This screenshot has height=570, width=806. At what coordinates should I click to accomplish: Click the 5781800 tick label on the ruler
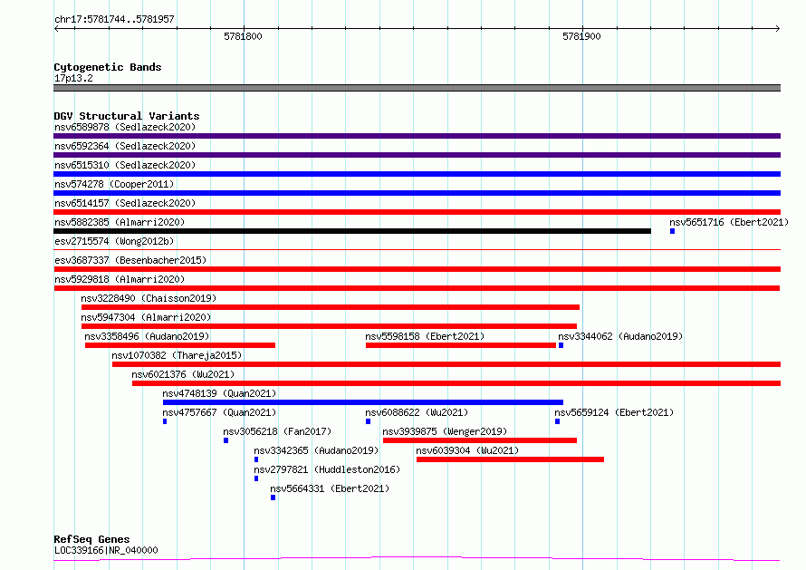pyautogui.click(x=243, y=36)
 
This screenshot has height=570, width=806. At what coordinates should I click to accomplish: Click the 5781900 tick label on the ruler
pyautogui.click(x=581, y=36)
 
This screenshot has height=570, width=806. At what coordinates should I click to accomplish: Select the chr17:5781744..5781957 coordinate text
pyautogui.click(x=114, y=19)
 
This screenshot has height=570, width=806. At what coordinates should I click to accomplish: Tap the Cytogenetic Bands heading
pyautogui.click(x=108, y=67)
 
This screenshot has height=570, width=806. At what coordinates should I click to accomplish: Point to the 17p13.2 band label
pyautogui.click(x=73, y=78)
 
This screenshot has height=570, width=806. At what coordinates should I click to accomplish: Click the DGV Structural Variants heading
pyautogui.click(x=127, y=116)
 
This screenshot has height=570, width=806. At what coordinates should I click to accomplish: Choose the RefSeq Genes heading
pyautogui.click(x=91, y=539)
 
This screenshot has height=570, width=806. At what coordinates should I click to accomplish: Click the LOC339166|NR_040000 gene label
pyautogui.click(x=106, y=550)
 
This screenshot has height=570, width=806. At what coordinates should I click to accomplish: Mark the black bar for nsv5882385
pyautogui.click(x=352, y=231)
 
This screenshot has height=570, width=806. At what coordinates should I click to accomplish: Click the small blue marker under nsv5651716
pyautogui.click(x=672, y=231)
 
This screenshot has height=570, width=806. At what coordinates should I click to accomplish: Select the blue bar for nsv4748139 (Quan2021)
pyautogui.click(x=363, y=402)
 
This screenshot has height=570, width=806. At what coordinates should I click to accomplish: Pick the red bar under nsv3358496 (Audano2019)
pyautogui.click(x=180, y=345)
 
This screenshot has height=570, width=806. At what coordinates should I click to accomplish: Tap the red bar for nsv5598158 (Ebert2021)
pyautogui.click(x=461, y=345)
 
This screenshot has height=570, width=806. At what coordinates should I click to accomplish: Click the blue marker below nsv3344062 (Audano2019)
pyautogui.click(x=561, y=345)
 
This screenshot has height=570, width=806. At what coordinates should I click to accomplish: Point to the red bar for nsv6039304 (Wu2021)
pyautogui.click(x=510, y=459)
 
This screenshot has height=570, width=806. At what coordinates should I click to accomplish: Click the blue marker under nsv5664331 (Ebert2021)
pyautogui.click(x=273, y=498)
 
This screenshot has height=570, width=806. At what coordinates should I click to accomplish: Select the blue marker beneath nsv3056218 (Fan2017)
pyautogui.click(x=225, y=440)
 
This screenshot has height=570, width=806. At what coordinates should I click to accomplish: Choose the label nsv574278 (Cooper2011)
pyautogui.click(x=114, y=184)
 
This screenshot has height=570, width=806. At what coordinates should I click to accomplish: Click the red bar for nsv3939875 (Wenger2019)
pyautogui.click(x=480, y=440)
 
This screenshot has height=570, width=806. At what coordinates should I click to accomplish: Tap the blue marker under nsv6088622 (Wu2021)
pyautogui.click(x=368, y=421)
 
